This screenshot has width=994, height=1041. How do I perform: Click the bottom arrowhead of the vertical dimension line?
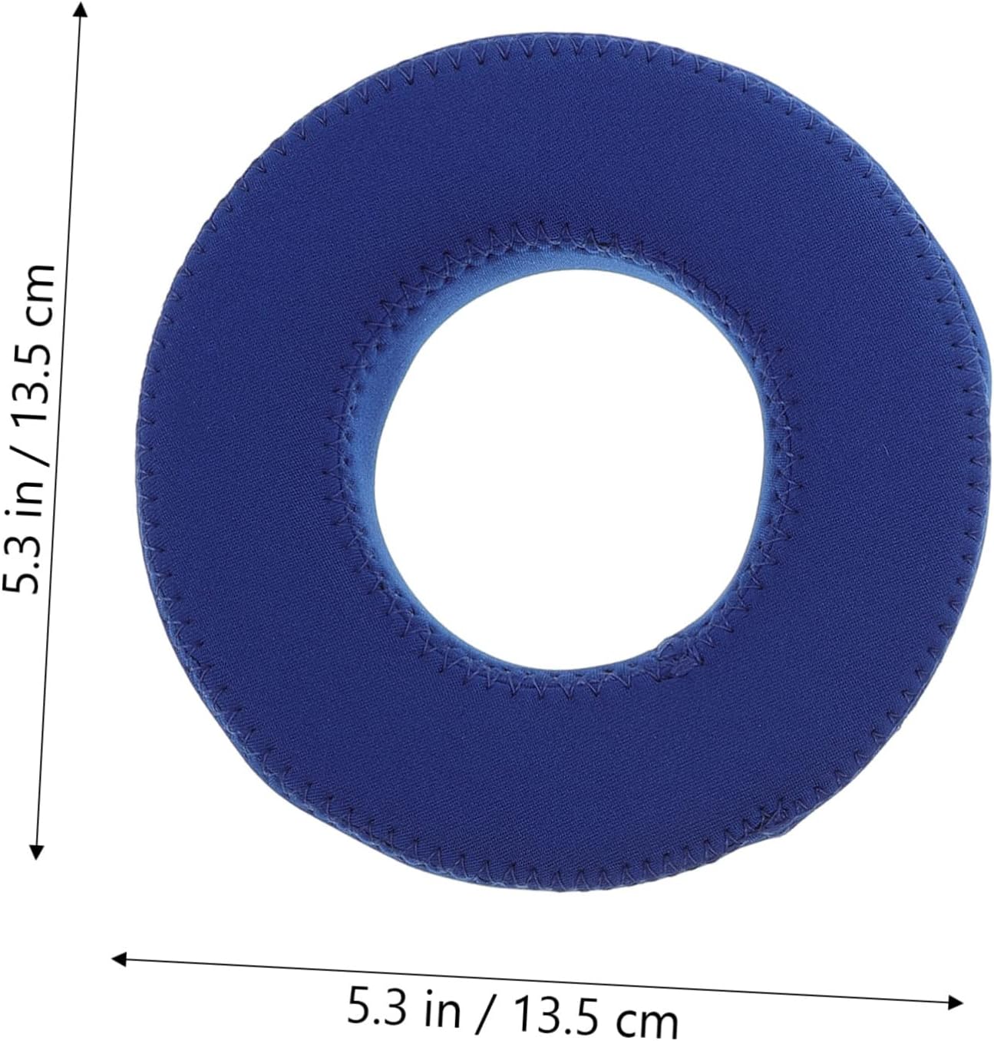pyautogui.click(x=36, y=851)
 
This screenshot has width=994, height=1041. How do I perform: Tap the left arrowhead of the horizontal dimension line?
pyautogui.click(x=118, y=960)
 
